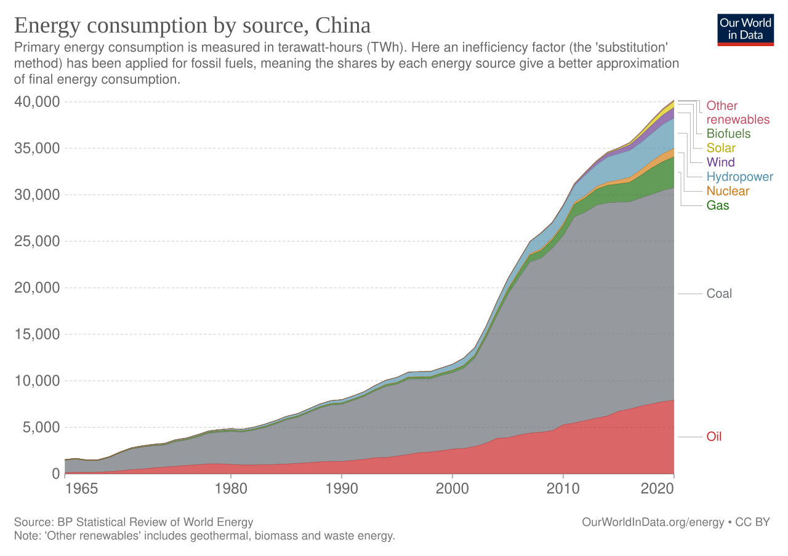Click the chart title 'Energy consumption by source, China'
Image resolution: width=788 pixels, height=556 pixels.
pos(192,26)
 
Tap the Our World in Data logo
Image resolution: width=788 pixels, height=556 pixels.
pos(746,29)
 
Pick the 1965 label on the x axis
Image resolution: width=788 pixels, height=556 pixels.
pos(81,489)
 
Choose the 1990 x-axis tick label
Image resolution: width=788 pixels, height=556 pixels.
pos(341,489)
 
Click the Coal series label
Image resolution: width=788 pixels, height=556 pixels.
pos(719,294)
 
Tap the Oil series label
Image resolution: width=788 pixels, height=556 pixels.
pos(714,437)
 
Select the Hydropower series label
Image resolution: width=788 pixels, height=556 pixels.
pos(740,177)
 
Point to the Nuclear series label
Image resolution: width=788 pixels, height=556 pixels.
pos(728,191)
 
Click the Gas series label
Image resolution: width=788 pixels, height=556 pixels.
pos(718,206)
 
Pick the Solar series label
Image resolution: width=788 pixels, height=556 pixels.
pos(721,148)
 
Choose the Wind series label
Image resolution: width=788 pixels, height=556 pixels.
pos(720,162)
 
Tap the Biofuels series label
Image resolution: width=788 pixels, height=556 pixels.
pos(729,133)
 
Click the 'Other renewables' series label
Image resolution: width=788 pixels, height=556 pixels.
pos(738,113)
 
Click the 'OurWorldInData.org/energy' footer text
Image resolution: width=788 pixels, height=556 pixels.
pos(653,522)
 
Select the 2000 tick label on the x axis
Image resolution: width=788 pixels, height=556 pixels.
pos(452,489)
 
